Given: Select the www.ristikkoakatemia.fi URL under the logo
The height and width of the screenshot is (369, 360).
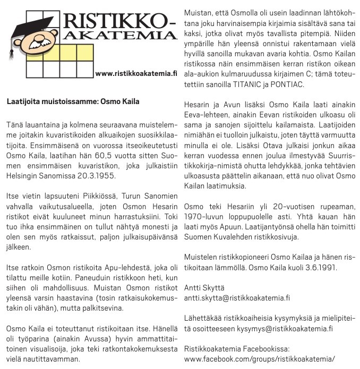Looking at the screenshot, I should pos(135,73).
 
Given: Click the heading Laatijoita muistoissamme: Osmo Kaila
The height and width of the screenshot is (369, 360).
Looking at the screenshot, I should pos(73,101).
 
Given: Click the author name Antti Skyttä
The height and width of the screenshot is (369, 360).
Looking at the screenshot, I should pos(203,288).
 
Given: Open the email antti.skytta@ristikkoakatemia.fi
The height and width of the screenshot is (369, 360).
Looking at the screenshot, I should pos(237,298).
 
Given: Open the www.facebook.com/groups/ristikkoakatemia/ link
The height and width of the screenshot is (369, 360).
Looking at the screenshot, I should pos(260,359).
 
